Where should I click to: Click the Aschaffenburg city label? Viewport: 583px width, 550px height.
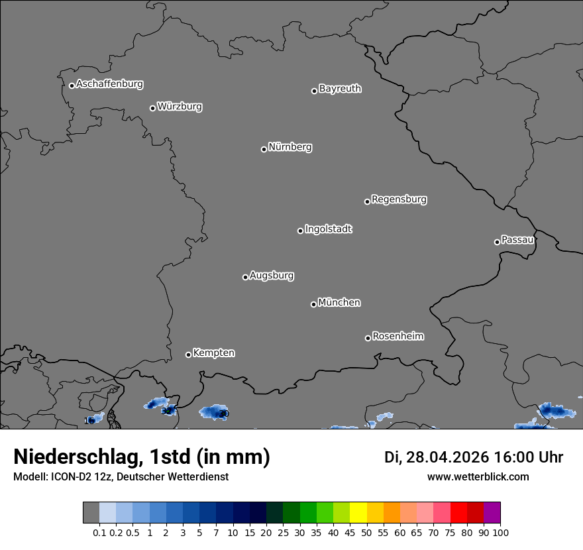[109, 84]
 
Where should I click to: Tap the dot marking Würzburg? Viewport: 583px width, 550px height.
[152, 108]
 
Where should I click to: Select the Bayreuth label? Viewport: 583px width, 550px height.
[340, 89]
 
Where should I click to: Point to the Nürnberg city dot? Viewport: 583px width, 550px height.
[264, 149]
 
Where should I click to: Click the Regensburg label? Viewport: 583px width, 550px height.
[399, 199]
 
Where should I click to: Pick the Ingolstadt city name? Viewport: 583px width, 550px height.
[328, 229]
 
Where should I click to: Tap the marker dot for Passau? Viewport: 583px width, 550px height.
[497, 242]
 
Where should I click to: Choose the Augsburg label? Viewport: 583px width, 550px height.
[272, 276]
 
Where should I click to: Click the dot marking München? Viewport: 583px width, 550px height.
[313, 304]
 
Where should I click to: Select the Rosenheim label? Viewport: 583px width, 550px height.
[397, 337]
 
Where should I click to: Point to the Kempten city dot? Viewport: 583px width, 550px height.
[188, 355]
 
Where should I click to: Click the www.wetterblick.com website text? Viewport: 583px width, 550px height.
[478, 477]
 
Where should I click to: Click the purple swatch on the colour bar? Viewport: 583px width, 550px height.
[492, 513]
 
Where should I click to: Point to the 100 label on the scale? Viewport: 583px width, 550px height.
[500, 532]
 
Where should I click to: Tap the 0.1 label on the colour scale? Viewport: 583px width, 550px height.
[99, 532]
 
